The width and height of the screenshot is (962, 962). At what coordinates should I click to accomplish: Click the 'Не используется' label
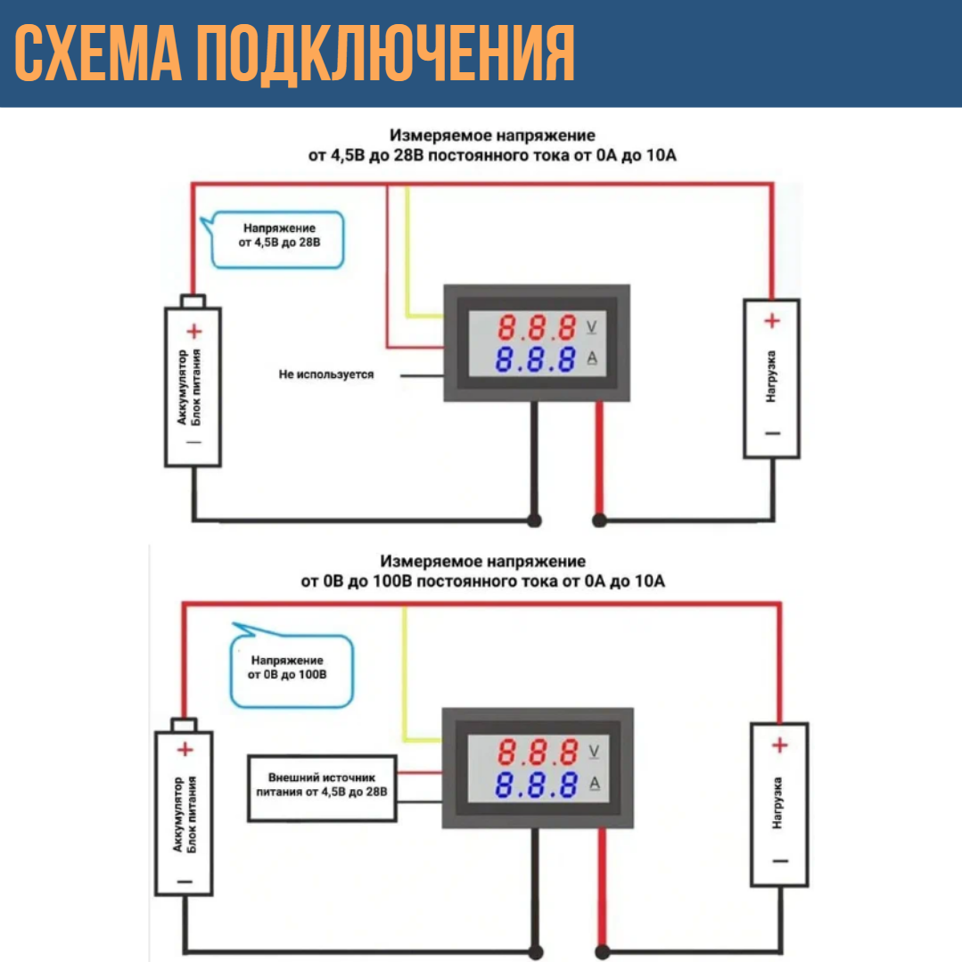[325, 374]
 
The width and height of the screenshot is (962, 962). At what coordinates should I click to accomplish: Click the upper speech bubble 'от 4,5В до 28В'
[277, 239]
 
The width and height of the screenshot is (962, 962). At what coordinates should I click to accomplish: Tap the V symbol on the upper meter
[593, 328]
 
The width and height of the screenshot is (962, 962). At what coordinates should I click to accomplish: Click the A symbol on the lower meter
[596, 785]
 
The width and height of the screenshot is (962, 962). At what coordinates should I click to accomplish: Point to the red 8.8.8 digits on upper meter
[537, 328]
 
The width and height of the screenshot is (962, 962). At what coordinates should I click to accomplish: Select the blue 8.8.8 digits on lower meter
[536, 785]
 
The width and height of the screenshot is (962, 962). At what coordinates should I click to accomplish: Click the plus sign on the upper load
[772, 321]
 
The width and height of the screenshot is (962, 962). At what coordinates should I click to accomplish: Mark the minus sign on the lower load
[780, 860]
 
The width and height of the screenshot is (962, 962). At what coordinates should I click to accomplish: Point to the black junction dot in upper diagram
[535, 520]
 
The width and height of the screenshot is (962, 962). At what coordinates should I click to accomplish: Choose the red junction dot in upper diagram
[599, 520]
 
